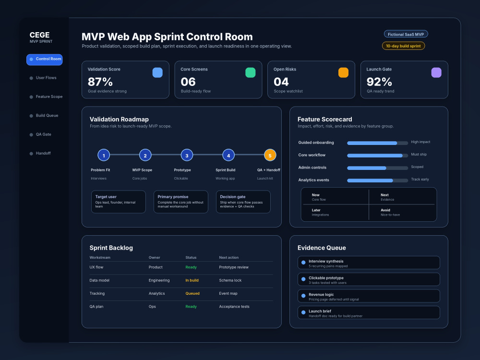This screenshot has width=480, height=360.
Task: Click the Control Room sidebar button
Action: tap(44, 60)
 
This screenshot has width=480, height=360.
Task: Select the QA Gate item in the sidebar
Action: tap(44, 134)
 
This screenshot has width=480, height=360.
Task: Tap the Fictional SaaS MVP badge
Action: tap(406, 34)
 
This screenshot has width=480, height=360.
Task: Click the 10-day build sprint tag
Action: tap(403, 46)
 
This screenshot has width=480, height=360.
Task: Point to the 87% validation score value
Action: tap(100, 82)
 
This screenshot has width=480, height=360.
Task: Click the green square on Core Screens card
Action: tap(251, 72)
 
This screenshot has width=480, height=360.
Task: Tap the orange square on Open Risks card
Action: tap(343, 72)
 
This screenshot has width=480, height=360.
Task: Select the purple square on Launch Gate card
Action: tap(436, 72)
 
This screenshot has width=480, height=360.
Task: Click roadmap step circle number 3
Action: tap(187, 155)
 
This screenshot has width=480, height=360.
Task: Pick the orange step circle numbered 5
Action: tap(270, 155)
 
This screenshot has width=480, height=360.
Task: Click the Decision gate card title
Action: tap(233, 197)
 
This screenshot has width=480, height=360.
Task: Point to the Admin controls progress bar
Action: tap(377, 168)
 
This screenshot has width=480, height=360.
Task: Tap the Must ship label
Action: tap(419, 154)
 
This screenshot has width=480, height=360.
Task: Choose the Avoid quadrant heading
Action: tap(385, 210)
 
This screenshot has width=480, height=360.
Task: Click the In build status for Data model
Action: tap(192, 280)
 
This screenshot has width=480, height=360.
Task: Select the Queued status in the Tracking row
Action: tap(192, 294)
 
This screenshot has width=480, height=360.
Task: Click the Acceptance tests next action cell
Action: tap(234, 307)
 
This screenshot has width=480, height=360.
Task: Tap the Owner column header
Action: tap(154, 258)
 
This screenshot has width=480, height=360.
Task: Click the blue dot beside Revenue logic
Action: tap(303, 296)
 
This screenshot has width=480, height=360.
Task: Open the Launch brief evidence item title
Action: tap(320, 312)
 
